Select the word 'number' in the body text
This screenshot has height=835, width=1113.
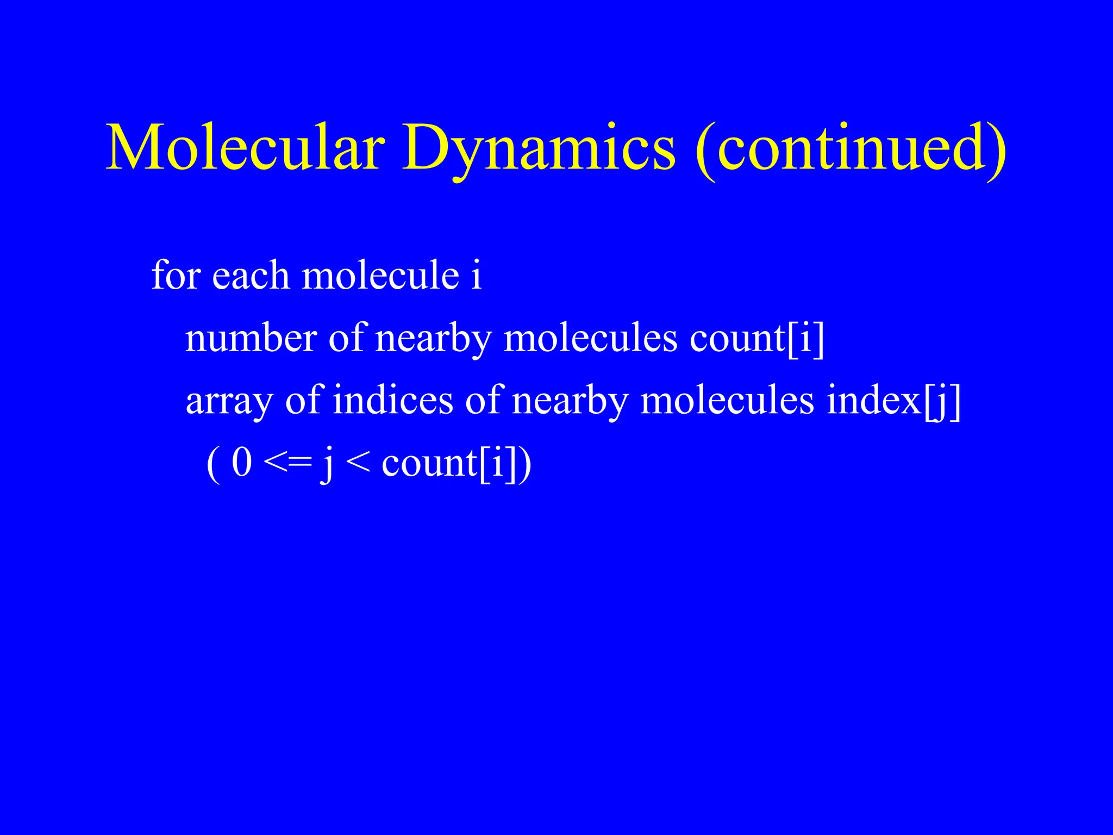[251, 338]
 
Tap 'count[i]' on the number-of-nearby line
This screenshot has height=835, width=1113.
[757, 338]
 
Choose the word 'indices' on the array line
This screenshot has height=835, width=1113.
[393, 401]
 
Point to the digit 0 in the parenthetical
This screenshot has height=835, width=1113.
[242, 463]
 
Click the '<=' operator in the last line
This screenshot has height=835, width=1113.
[287, 463]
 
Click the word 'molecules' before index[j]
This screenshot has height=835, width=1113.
[727, 401]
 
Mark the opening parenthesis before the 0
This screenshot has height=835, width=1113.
[214, 464]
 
